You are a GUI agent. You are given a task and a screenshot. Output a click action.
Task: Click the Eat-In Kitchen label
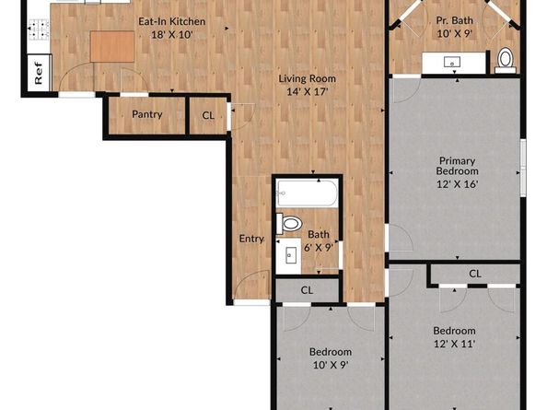click(x=171, y=21)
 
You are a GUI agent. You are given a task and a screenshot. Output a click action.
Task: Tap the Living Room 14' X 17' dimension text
click(x=307, y=92)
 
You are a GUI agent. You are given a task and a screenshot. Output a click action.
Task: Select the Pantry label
click(x=146, y=114)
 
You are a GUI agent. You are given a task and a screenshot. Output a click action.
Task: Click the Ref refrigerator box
click(x=39, y=73)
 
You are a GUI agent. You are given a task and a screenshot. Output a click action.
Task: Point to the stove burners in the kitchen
click(x=39, y=29)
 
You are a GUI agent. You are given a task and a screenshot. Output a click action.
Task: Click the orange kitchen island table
click(x=112, y=46)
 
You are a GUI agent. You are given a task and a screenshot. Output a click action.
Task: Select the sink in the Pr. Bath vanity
click(x=452, y=63)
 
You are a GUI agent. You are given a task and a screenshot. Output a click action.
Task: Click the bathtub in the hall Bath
click(x=307, y=193)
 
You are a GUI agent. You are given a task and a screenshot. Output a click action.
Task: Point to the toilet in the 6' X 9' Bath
click(x=289, y=223)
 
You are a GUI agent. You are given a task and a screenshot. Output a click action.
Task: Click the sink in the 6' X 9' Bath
click(x=291, y=255)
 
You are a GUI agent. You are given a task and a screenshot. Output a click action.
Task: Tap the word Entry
click(x=251, y=239)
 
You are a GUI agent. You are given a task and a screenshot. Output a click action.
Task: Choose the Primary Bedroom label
click(x=457, y=166)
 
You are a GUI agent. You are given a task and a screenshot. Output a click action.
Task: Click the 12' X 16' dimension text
click(x=457, y=184)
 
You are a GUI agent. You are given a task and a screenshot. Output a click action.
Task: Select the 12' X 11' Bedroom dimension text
click(x=454, y=344)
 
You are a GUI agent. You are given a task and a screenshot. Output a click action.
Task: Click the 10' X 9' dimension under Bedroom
click(x=331, y=365)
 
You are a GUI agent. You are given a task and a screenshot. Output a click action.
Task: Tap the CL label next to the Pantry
click(x=208, y=115)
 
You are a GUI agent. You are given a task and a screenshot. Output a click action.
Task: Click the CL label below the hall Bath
click(x=307, y=290)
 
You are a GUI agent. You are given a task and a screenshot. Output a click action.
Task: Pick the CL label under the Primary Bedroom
click(x=475, y=274)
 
